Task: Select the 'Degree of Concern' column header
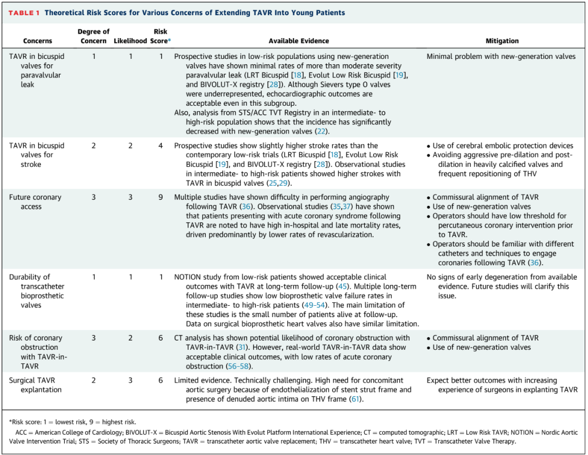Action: pyautogui.click(x=93, y=36)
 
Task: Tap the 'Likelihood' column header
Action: pyautogui.click(x=130, y=41)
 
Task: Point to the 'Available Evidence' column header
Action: pyautogui.click(x=298, y=41)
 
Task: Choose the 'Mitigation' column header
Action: pyautogui.click(x=502, y=41)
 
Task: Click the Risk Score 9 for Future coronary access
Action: pyautogui.click(x=161, y=197)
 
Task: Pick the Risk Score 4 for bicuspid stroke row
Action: pyautogui.click(x=161, y=145)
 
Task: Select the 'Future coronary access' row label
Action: pyautogui.click(x=35, y=202)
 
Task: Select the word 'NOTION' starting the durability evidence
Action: pyautogui.click(x=188, y=277)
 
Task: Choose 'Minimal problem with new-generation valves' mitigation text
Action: pyautogui.click(x=501, y=56)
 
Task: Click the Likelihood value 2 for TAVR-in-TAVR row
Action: pyautogui.click(x=130, y=338)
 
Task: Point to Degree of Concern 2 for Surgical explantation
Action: pyautogui.click(x=93, y=380)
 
